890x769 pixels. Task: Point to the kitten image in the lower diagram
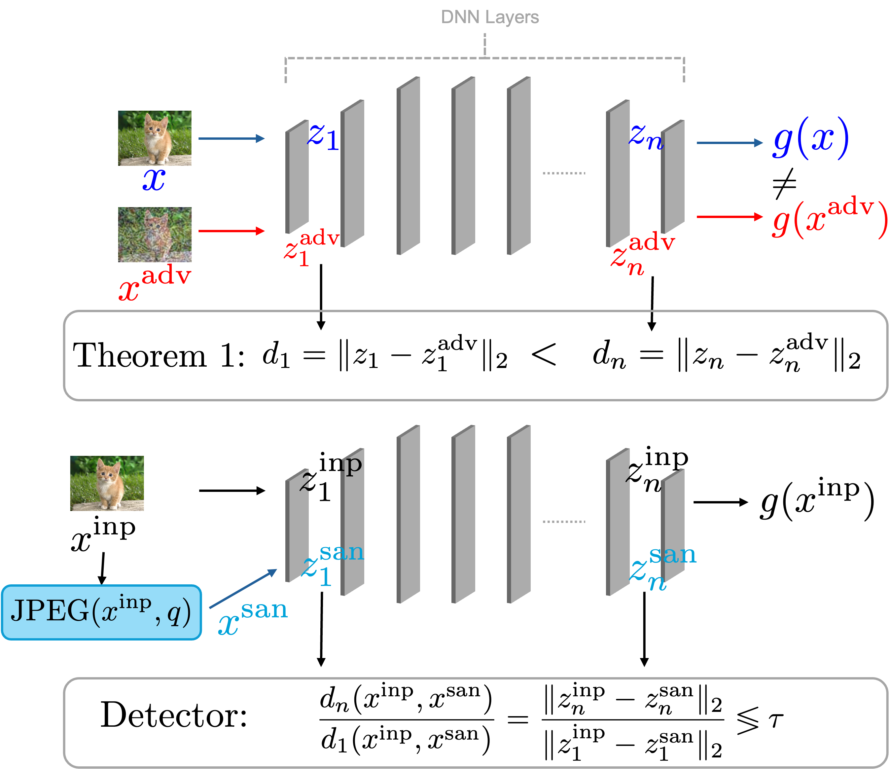pos(107,483)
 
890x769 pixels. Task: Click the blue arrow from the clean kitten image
pos(231,138)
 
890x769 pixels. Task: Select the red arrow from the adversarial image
pos(231,231)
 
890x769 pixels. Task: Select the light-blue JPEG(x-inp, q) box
pos(101,612)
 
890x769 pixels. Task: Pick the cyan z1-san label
pos(332,564)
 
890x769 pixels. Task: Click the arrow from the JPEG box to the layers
pos(243,589)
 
